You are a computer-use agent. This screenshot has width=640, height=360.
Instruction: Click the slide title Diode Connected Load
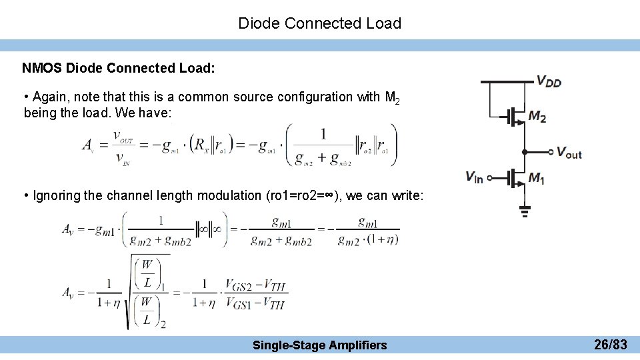tap(320, 23)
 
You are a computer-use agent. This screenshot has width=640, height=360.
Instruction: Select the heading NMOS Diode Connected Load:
tap(119, 68)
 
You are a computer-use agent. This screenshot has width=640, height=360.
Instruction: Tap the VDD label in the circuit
tap(549, 81)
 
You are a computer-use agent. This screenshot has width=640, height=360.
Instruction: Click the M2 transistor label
tap(537, 117)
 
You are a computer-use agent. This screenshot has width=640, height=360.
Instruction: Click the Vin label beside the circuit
tap(474, 177)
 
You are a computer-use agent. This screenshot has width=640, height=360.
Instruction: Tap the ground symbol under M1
tap(525, 212)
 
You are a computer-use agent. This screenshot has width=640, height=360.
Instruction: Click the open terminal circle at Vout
tap(550, 152)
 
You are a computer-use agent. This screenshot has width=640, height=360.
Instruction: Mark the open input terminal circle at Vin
tap(489, 178)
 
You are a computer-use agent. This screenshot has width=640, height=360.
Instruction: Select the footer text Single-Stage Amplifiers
tap(319, 345)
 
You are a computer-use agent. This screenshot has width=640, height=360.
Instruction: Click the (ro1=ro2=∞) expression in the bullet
tap(313, 195)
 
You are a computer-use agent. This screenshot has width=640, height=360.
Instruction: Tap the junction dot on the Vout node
tap(525, 152)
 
